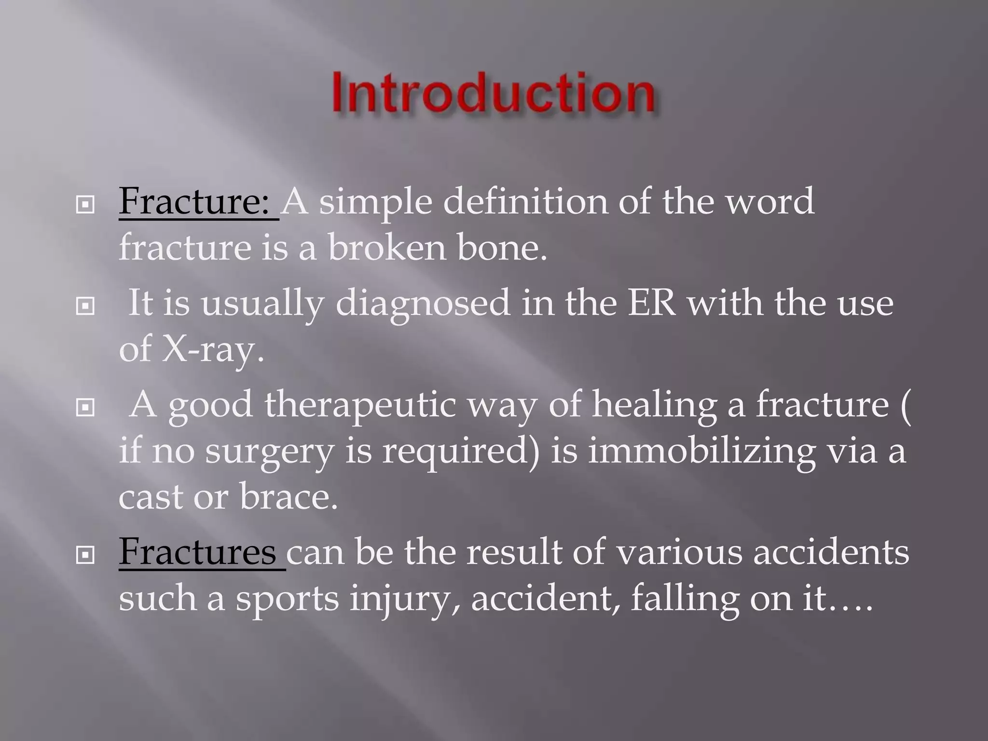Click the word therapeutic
(359, 404)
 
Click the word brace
(288, 497)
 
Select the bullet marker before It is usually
(85, 306)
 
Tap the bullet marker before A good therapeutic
(85, 408)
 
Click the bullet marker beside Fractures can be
(85, 556)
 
